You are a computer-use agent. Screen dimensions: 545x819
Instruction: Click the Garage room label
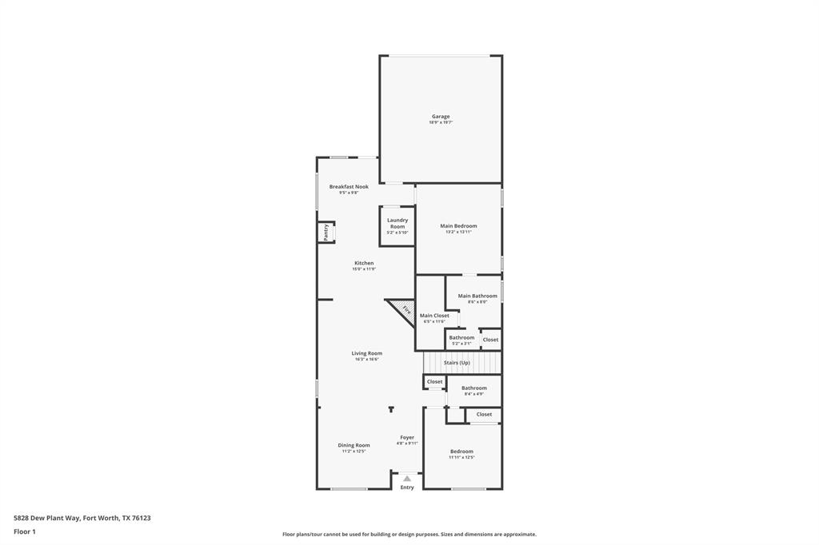[441, 117]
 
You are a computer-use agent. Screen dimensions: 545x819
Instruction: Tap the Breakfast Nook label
[349, 187]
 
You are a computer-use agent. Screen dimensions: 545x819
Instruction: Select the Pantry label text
[326, 232]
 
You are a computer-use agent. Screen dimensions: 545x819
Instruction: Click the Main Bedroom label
[458, 226]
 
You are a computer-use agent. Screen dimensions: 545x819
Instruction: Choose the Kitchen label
[364, 263]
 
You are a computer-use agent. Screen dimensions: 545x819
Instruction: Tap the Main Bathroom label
[477, 296]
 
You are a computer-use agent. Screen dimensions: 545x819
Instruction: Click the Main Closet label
[434, 316]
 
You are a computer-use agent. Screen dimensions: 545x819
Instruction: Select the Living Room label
[367, 353]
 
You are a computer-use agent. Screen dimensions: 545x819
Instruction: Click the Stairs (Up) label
[457, 363]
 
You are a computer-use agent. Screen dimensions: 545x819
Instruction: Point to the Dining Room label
[354, 445]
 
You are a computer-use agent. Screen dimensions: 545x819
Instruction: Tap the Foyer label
[407, 437]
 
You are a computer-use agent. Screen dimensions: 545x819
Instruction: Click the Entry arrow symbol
[407, 479]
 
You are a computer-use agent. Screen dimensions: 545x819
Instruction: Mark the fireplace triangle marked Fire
[405, 310]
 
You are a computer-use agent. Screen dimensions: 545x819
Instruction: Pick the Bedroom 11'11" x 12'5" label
[461, 452]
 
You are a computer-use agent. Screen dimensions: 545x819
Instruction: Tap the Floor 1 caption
[25, 531]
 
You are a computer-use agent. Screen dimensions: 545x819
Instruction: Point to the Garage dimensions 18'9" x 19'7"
[441, 122]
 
